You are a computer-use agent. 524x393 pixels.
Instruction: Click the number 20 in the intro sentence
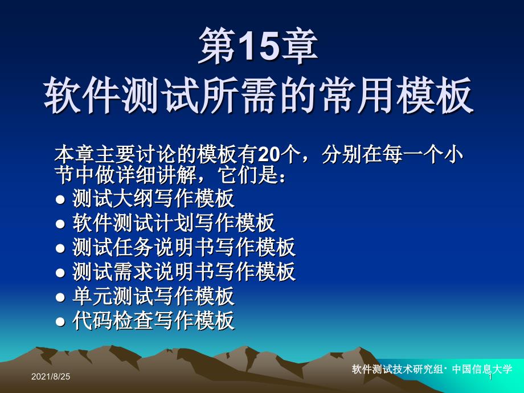[x=269, y=154]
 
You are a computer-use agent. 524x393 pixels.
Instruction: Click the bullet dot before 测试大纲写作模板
[x=60, y=199]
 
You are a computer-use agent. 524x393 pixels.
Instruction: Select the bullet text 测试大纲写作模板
[x=153, y=199]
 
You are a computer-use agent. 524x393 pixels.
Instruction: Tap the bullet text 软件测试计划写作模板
[x=174, y=223]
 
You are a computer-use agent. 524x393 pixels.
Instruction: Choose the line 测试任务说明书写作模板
[x=184, y=247]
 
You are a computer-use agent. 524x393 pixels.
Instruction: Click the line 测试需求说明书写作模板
[x=184, y=271]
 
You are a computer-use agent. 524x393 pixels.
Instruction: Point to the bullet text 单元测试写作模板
[x=153, y=296]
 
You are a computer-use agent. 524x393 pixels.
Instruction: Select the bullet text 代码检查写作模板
[x=153, y=321]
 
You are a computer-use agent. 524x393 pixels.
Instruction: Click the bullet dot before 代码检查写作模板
[x=60, y=322]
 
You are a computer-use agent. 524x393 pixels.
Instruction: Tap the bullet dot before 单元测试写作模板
[x=60, y=297]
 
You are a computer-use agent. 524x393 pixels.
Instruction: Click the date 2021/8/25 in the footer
[x=51, y=376]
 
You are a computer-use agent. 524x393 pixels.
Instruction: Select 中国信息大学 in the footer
[x=482, y=369]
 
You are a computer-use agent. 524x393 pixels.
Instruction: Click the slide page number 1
[x=490, y=377]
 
